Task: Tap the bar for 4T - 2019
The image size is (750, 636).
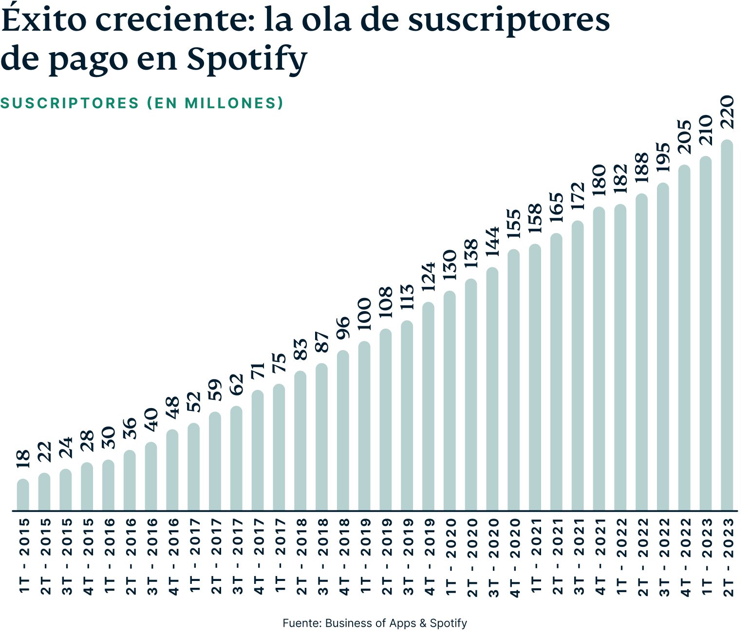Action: (428, 407)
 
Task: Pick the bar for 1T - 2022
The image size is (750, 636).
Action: (620, 357)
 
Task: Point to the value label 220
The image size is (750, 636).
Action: (727, 112)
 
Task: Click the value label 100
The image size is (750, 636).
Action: (364, 315)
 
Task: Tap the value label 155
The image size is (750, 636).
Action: (513, 224)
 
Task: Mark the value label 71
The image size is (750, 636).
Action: (258, 371)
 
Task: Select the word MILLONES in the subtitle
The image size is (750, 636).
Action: (229, 103)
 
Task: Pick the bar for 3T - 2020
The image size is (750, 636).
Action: (492, 389)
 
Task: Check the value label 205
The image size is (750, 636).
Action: (684, 137)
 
